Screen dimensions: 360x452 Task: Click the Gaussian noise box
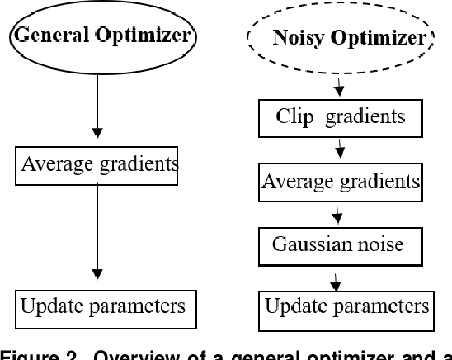337,245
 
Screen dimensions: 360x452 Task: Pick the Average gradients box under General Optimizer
99,164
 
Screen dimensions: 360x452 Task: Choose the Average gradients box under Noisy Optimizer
341,181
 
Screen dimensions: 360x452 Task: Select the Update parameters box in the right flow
346,306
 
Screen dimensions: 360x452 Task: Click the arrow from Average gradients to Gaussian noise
338,214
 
